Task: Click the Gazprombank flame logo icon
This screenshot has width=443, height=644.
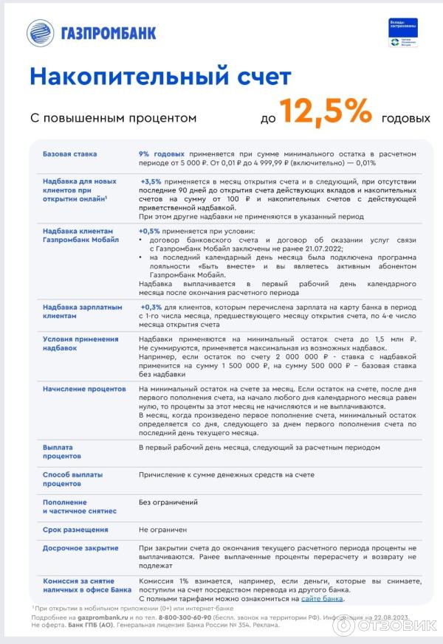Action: coord(41,32)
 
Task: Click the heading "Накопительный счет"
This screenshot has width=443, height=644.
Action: coord(159,76)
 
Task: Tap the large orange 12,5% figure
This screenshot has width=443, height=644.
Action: coord(325,112)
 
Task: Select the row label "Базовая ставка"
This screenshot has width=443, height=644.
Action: coord(70,154)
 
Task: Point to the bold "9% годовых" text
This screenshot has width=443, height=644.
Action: coord(162,154)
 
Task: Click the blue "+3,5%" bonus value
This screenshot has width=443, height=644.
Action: coord(151,181)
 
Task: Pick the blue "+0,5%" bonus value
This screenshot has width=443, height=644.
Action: coord(149,230)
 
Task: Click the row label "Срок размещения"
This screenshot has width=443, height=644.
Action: coord(75,530)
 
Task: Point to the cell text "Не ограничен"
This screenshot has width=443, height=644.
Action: coord(162,530)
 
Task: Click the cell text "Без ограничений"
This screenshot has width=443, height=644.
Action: coord(168,502)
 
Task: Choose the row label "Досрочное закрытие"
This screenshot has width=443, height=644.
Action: coord(80,548)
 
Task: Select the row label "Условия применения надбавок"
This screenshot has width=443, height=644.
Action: coord(80,344)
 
